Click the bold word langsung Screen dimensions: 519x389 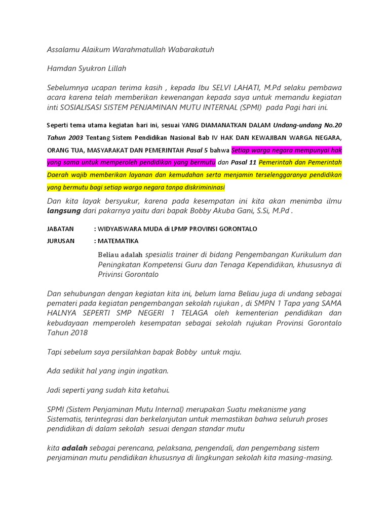63,210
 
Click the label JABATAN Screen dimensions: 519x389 60,229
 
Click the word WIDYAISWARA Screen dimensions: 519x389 122,229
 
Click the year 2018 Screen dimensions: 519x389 79,332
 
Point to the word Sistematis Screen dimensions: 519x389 66,419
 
